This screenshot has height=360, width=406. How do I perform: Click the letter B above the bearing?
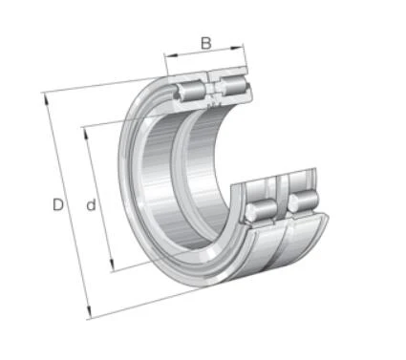pyautogui.click(x=206, y=43)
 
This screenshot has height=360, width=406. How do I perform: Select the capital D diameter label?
pyautogui.click(x=58, y=204)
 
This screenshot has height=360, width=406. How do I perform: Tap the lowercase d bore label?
pyautogui.click(x=91, y=204)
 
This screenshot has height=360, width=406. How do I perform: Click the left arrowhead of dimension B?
pyautogui.click(x=171, y=55)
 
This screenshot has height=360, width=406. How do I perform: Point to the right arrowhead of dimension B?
pyautogui.click(x=236, y=48)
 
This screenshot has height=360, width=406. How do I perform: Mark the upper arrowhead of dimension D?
pyautogui.click(x=46, y=99)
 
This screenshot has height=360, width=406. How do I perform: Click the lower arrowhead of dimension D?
pyautogui.click(x=89, y=311)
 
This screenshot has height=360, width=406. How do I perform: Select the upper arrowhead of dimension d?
pyautogui.click(x=85, y=134)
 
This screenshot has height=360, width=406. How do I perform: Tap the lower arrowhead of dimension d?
pyautogui.click(x=112, y=265)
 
